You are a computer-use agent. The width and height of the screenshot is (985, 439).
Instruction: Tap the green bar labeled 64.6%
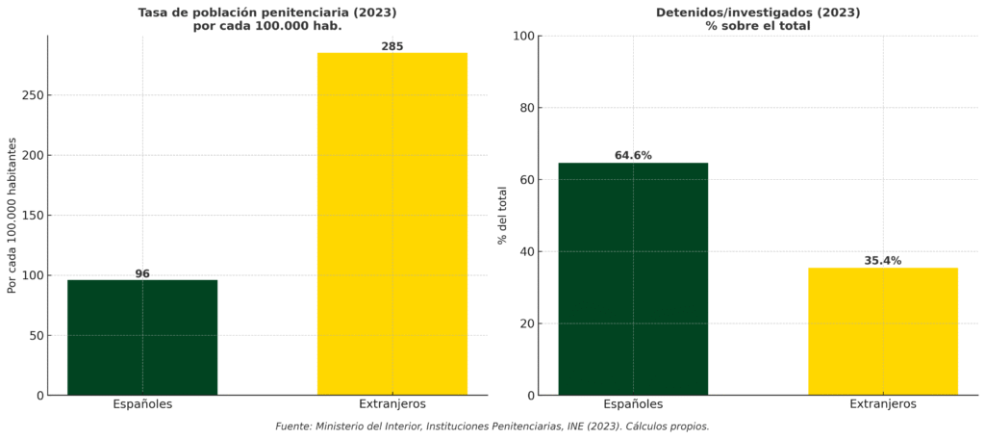tap(633, 279)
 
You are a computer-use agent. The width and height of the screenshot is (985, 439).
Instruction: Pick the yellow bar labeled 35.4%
tap(883, 331)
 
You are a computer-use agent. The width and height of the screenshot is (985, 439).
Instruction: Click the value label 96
tap(142, 274)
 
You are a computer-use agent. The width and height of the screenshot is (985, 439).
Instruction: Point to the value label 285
tap(392, 46)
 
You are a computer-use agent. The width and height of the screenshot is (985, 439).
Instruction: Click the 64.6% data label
tap(633, 156)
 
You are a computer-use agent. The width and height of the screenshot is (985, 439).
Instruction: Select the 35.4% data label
tap(883, 261)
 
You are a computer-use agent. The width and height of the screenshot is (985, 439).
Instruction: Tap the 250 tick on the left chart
tap(32, 96)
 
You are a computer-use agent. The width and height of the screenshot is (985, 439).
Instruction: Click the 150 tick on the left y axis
tap(32, 216)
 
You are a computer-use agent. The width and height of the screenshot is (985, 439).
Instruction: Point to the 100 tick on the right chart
tap(523, 37)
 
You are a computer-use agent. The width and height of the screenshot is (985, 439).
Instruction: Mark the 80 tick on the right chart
tap(526, 108)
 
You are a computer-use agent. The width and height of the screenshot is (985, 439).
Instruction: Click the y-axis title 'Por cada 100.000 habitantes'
tap(13, 216)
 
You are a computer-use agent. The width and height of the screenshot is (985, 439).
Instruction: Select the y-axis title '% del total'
tap(502, 216)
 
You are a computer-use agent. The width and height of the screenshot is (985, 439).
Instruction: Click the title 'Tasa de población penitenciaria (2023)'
tap(267, 13)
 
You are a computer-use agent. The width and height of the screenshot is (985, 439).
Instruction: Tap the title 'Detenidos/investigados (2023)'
tap(758, 13)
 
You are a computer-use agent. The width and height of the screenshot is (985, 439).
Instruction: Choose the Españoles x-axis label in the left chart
tap(142, 404)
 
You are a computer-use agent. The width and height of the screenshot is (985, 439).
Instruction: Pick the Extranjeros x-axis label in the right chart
tap(883, 404)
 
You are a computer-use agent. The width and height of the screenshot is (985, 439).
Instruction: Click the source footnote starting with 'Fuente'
tap(492, 426)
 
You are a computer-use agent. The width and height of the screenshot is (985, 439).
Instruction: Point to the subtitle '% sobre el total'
tap(758, 26)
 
